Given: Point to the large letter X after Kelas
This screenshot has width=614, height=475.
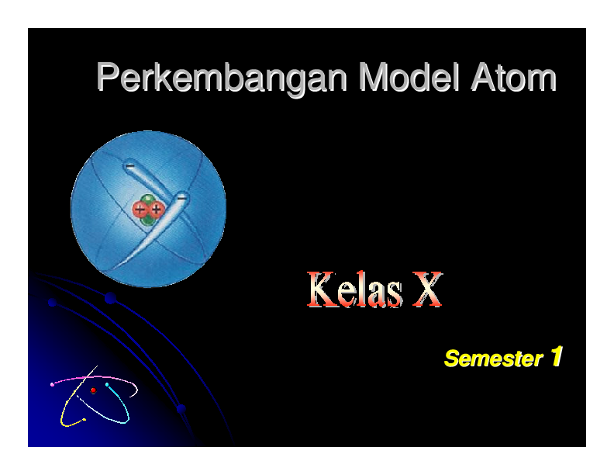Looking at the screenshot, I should [x=424, y=291].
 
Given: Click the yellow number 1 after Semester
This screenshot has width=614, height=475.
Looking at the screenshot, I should [x=555, y=357].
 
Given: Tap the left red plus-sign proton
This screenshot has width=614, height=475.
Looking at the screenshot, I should [x=140, y=209].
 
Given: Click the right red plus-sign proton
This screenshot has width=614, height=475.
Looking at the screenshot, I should [x=157, y=209].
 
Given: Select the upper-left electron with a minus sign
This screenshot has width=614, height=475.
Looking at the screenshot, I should [x=130, y=166].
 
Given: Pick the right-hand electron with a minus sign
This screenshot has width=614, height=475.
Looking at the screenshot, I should [x=181, y=197].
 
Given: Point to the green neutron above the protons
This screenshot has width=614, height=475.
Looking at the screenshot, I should [x=149, y=199].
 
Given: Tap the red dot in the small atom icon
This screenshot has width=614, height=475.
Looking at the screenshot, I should [x=93, y=390].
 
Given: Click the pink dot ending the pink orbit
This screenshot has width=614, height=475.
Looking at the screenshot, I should [x=52, y=384].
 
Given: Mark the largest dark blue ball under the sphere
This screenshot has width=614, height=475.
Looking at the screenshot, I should [x=110, y=298].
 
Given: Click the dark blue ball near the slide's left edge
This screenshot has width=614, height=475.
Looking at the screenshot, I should [x=52, y=303].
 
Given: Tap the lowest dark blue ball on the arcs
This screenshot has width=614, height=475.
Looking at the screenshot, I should [x=181, y=408].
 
